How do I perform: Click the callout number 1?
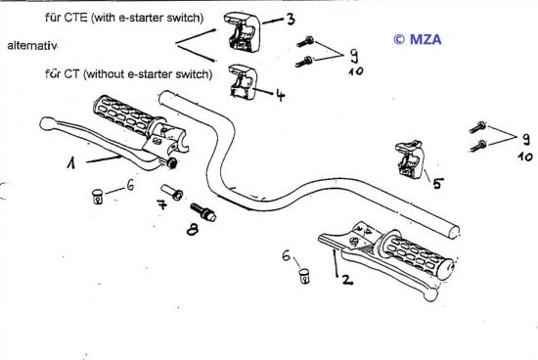71,165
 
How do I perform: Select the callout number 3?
291,19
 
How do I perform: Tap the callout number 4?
282,96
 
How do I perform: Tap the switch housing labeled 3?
244,30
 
